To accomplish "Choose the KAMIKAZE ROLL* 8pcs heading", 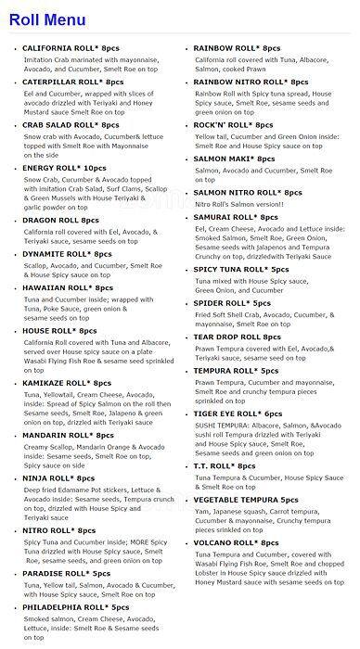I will pyautogui.click(x=68, y=382).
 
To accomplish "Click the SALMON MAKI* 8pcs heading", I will pyautogui.click(x=237, y=159).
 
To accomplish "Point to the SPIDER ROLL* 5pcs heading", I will pyautogui.click(x=232, y=302).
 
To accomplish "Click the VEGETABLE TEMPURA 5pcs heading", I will pyautogui.click(x=246, y=499).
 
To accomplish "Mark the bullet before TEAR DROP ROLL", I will pyautogui.click(x=186, y=337).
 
